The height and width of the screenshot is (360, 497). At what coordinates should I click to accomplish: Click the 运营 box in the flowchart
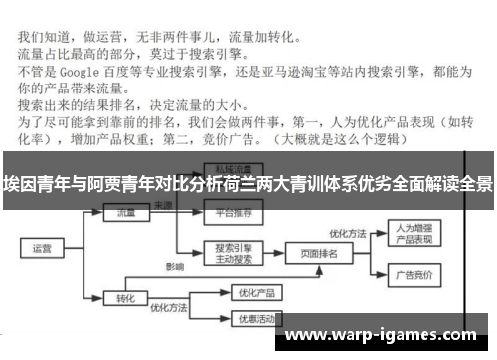pyautogui.click(x=42, y=248)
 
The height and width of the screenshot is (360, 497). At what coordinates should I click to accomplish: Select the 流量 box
pyautogui.click(x=124, y=212)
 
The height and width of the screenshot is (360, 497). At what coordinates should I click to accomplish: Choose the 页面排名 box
pyautogui.click(x=318, y=254)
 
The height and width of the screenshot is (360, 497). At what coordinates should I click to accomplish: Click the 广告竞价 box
pyautogui.click(x=409, y=275)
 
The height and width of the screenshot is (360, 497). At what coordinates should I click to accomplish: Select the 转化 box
pyautogui.click(x=124, y=295)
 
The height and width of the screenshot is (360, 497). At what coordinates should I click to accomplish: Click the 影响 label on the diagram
pyautogui.click(x=176, y=268)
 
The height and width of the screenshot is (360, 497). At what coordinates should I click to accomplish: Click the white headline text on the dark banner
pyautogui.click(x=248, y=183)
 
